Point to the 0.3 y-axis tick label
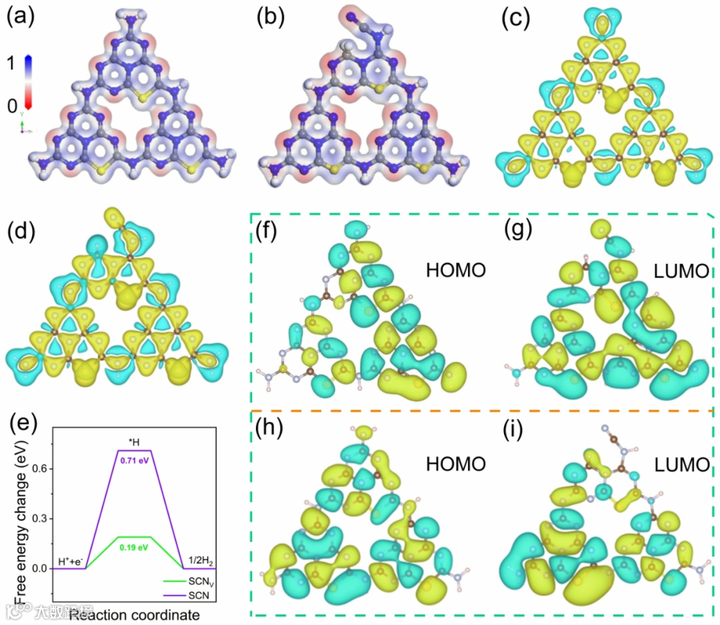[40, 518]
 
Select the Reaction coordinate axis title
[133, 612]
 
